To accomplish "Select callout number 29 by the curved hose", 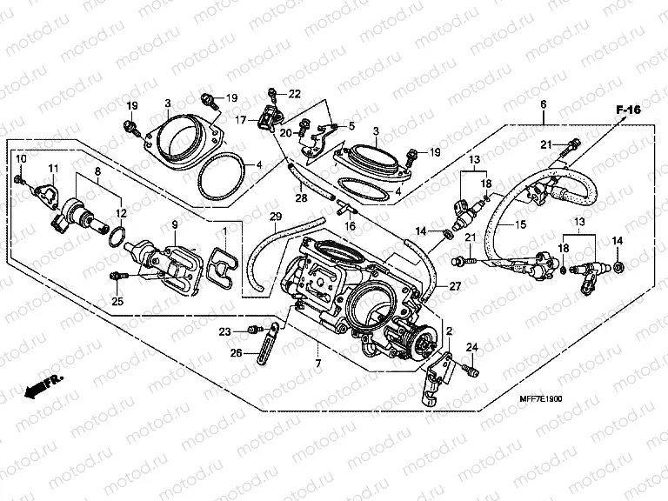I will [275, 216].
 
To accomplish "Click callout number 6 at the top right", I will [544, 105].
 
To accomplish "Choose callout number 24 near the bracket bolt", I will [473, 348].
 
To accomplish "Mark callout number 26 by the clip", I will [237, 353].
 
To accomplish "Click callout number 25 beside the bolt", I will [117, 301].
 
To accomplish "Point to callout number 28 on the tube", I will [301, 199].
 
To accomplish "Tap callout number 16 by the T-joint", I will [351, 225].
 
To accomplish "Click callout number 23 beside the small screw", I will [225, 331].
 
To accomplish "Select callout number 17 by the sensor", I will [241, 120].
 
